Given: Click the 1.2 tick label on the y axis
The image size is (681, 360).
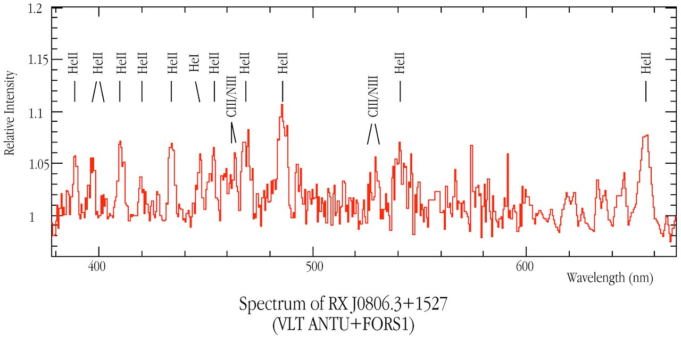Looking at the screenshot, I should (36, 10).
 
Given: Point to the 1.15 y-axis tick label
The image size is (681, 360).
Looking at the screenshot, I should (34, 60).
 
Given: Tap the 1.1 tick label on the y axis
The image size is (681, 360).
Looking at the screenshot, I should (36, 112).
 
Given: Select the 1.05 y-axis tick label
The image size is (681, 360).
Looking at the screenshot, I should (34, 163).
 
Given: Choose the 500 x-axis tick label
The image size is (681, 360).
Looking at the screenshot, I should (313, 265).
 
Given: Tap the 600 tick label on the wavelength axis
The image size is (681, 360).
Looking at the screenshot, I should (526, 265).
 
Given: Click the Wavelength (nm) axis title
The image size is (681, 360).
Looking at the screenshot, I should (609, 277).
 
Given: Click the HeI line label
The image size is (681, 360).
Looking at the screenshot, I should (194, 63).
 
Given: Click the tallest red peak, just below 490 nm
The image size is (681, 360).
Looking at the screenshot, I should (282, 105).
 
